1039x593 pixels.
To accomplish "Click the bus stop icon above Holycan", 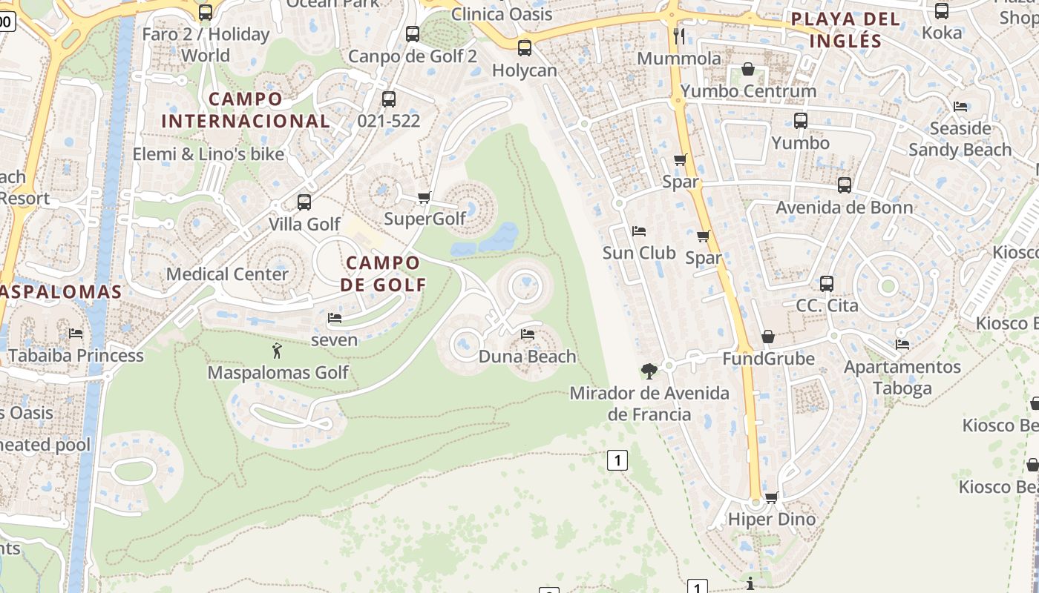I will click(x=525, y=48).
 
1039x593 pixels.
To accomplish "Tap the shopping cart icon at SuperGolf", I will click(x=425, y=197).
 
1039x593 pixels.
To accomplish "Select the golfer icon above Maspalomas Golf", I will click(x=278, y=350).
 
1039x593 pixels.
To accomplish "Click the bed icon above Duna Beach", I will click(x=528, y=334).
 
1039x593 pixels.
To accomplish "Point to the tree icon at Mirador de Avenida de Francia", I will click(x=649, y=371).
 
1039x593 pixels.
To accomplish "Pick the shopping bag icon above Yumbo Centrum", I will click(x=748, y=70).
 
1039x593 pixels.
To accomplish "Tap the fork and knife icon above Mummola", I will click(x=679, y=36).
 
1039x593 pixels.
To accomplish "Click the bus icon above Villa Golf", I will click(x=304, y=202).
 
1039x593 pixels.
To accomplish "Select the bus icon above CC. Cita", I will click(x=827, y=283).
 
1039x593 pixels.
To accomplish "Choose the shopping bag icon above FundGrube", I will click(x=768, y=337).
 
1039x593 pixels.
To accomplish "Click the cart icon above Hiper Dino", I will click(x=772, y=497).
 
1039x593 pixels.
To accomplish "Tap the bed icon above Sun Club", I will click(x=638, y=231).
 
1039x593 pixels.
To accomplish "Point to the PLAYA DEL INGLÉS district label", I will click(x=845, y=30).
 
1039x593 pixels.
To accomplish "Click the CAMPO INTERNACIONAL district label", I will click(x=246, y=110).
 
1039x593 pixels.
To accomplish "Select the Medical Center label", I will click(x=227, y=274).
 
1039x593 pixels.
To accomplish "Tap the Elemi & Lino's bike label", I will click(x=209, y=154).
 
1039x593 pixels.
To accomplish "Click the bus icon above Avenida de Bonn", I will click(x=845, y=185).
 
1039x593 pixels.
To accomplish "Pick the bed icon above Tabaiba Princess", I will click(x=76, y=334).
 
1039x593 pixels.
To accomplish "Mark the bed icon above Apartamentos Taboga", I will click(x=902, y=345).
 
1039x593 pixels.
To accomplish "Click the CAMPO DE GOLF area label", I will click(x=384, y=274).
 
